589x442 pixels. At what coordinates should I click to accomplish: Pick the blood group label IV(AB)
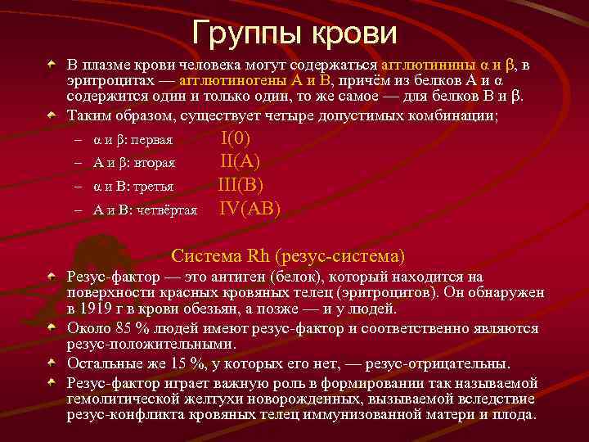tap(251, 209)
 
